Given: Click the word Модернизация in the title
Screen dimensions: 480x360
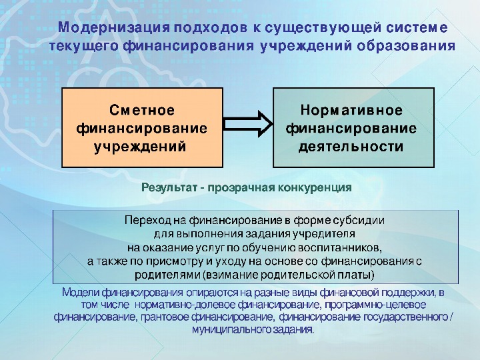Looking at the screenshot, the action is coord(114,28).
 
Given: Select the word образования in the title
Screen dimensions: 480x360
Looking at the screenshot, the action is coord(405,46).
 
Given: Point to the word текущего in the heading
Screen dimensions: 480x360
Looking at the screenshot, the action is coord(83,46).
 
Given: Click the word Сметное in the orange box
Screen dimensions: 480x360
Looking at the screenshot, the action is coord(142,110).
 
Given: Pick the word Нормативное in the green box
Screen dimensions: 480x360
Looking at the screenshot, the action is coord(351,110).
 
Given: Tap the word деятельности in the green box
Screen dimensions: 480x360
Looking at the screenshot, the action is coord(351,147).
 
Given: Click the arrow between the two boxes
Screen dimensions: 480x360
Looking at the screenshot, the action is coord(248,124).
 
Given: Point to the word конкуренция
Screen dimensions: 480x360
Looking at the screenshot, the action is coord(315,187).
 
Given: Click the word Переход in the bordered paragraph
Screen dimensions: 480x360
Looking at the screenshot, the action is coord(147,221).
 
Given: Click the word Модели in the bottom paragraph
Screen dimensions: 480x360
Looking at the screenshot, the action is coord(81,293).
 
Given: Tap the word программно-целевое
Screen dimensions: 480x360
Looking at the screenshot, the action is coord(375,305).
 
